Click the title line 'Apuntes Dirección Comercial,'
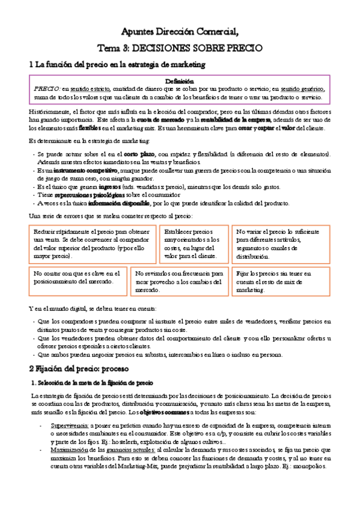(180, 32)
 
